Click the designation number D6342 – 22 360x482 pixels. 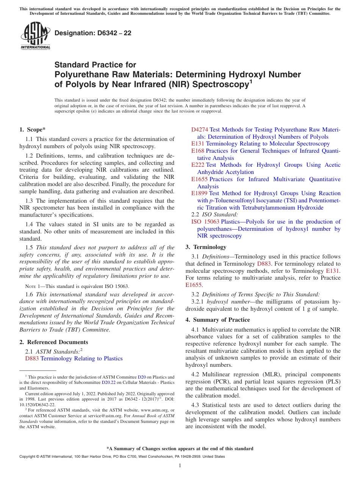93,33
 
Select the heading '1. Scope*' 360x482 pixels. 33,130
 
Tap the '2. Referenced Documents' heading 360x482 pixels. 48,342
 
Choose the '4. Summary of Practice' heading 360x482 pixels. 218,320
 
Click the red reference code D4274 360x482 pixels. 200,130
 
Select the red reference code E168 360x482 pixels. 198,151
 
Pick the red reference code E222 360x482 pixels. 198,165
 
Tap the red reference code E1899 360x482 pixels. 199,193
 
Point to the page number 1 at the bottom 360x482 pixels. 180,466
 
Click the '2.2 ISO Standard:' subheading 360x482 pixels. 212,214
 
